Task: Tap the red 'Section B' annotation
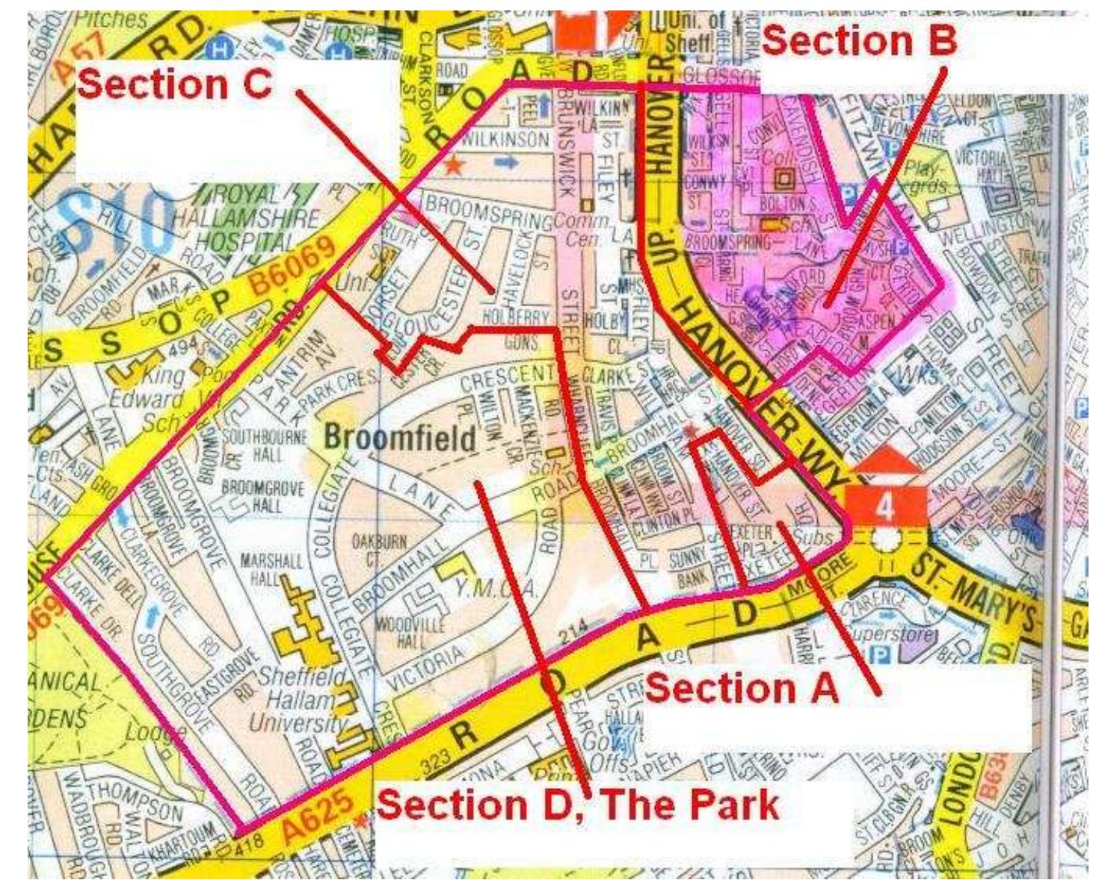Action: coord(859,40)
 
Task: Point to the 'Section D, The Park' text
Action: coord(577,805)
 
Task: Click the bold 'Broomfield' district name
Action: coord(400,439)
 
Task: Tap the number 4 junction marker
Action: coord(884,506)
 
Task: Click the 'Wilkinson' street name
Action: coord(505,140)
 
